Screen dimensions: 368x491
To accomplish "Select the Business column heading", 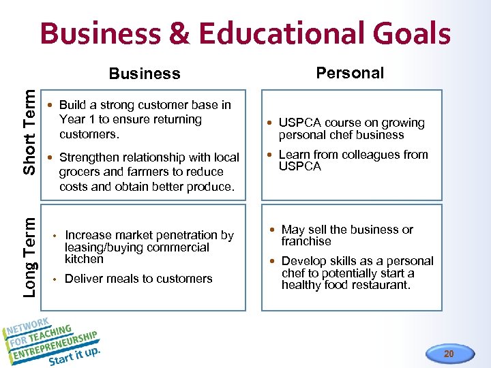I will [x=145, y=74].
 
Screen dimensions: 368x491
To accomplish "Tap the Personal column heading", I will [x=350, y=73].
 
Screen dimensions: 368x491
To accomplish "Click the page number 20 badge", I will [x=448, y=354].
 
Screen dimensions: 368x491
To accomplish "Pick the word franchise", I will [x=306, y=241].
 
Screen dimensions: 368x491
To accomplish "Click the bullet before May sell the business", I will [x=273, y=230].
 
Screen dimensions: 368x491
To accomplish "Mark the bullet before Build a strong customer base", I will [x=50, y=106].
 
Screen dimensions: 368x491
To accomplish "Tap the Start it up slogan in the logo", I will [x=74, y=356].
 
